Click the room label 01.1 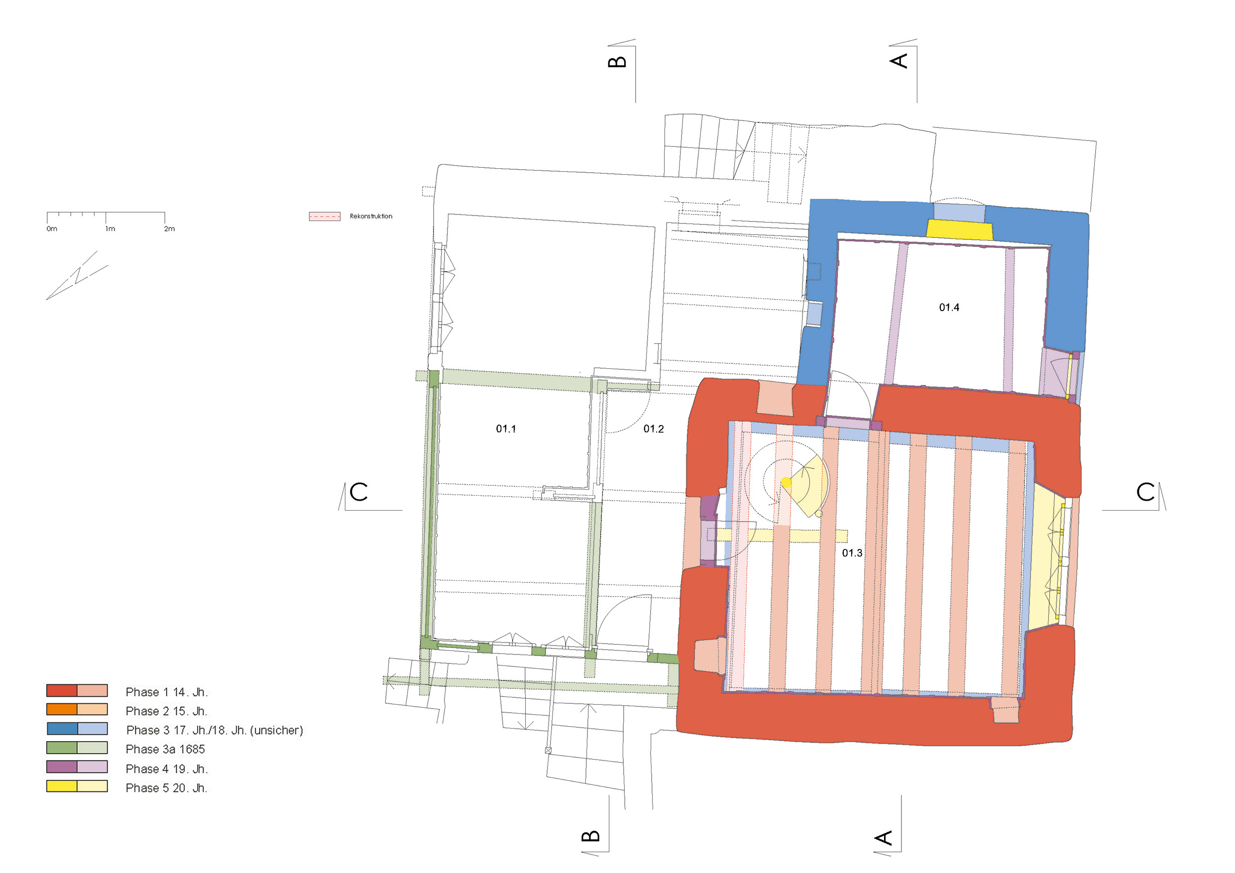click(506, 429)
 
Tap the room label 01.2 click(654, 429)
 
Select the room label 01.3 click(852, 553)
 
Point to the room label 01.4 click(949, 307)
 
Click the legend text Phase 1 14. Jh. click(167, 692)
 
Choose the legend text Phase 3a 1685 click(165, 749)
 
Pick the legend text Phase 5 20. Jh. click(167, 788)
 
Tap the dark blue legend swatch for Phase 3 click(62, 729)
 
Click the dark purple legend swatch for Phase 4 click(62, 767)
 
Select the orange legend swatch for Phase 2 click(62, 709)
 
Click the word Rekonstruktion click(371, 216)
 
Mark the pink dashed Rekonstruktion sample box click(325, 216)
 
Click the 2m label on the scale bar click(169, 228)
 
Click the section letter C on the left click(359, 492)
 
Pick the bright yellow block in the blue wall click(960, 229)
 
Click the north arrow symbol click(77, 275)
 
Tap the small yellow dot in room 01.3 click(786, 482)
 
